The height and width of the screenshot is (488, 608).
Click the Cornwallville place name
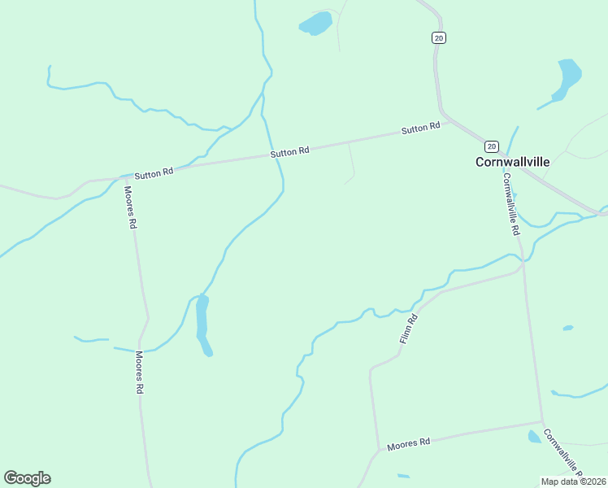(512, 162)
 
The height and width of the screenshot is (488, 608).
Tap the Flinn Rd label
(409, 329)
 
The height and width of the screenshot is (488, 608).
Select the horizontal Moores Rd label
(408, 444)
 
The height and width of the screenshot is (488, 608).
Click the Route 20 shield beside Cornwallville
(491, 146)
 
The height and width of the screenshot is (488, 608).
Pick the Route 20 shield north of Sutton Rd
(439, 37)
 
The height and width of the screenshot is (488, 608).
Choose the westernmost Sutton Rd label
(154, 173)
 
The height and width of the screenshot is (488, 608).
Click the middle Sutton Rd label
(290, 151)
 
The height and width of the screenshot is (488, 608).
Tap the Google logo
(27, 477)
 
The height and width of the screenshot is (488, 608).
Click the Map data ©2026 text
(572, 481)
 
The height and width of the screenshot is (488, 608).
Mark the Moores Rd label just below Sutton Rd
(128, 207)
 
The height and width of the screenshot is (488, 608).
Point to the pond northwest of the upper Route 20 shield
(316, 23)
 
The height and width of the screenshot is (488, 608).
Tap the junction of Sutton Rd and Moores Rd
(123, 176)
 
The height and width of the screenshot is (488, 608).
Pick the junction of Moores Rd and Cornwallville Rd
(542, 421)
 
